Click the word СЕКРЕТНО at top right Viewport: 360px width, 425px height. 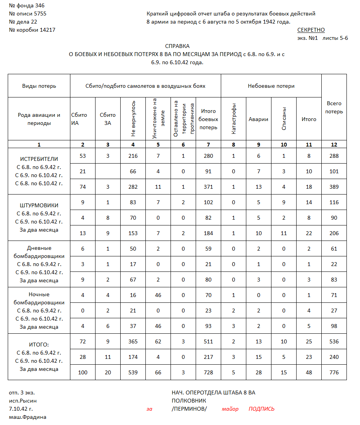point(311,30)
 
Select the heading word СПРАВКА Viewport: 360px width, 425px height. point(177,45)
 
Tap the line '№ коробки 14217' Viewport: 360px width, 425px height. point(32,30)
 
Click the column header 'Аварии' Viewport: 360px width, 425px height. point(258,119)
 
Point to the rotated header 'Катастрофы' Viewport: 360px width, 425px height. point(234,119)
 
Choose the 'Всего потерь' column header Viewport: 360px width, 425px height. point(334,108)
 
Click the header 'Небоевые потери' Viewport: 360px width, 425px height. point(271,86)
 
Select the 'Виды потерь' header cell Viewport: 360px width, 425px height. point(39,86)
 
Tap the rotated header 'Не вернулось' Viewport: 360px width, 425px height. point(133,119)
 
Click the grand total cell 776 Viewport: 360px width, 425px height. point(334,372)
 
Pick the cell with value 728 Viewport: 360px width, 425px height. point(208,372)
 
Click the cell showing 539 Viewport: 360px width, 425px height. point(133,372)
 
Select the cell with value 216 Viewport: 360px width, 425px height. point(133,156)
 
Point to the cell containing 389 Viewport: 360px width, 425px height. point(334,187)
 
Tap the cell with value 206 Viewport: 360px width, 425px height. point(334,233)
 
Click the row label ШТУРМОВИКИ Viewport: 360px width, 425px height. point(39,205)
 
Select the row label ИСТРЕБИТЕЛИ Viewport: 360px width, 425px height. point(39,159)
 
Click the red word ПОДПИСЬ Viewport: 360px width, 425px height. point(261,409)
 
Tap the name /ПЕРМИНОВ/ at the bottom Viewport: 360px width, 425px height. point(189,409)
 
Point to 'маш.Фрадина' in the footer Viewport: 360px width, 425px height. point(27,417)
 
